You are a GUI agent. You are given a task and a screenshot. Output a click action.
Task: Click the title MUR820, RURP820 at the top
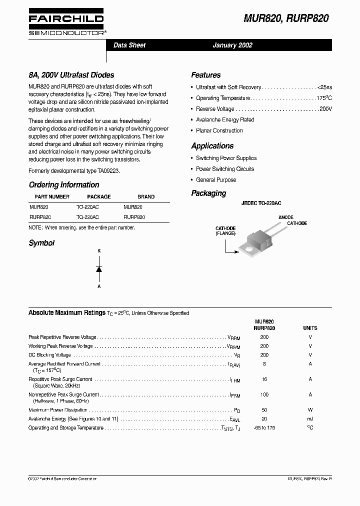[x=286, y=18]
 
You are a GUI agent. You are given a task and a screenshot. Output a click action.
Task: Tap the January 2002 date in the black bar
[x=232, y=45]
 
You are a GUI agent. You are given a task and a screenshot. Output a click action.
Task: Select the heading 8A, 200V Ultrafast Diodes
[x=71, y=75]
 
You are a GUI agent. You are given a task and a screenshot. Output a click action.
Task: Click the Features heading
[x=205, y=75]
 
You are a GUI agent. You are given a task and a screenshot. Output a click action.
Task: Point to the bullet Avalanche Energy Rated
[x=225, y=120]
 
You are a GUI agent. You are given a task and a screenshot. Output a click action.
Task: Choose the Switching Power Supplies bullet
[x=226, y=158]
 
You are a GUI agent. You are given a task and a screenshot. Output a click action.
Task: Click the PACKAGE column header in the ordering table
[x=99, y=196]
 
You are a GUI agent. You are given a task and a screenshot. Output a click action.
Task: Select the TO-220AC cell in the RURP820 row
[x=87, y=217]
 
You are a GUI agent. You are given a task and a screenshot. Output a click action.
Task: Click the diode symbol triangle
[x=99, y=269]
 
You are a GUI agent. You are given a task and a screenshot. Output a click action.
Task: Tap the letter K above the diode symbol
[x=99, y=249]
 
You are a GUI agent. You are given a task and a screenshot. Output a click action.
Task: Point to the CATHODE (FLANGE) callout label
[x=225, y=231]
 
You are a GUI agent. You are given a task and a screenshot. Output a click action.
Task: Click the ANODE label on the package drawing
[x=286, y=217]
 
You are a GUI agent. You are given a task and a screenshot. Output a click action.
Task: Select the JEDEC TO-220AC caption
[x=261, y=203]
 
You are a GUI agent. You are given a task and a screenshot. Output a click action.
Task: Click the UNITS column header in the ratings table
[x=310, y=328]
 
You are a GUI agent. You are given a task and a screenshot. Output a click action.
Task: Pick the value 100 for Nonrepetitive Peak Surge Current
[x=264, y=395]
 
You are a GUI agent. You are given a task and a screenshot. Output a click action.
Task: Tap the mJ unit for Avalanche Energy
[x=310, y=419]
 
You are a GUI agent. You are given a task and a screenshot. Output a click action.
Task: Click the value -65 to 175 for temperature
[x=264, y=428]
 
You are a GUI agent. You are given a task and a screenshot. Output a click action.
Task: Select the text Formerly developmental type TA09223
[x=74, y=170]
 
